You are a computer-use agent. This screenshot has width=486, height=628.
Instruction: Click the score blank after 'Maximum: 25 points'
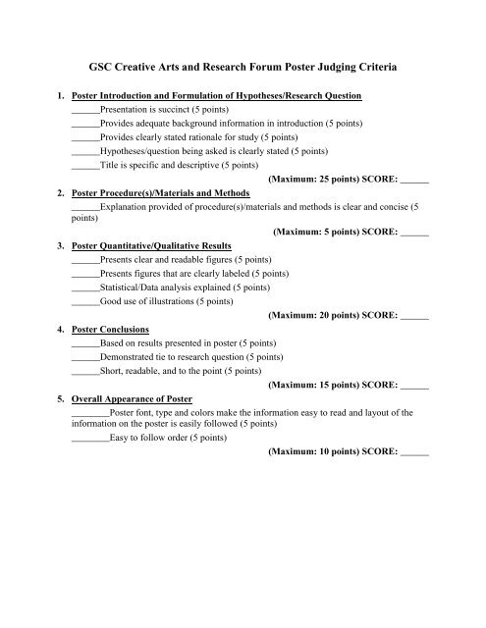[x=415, y=183]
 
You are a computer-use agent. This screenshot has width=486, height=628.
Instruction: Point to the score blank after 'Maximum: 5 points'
[x=415, y=235]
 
